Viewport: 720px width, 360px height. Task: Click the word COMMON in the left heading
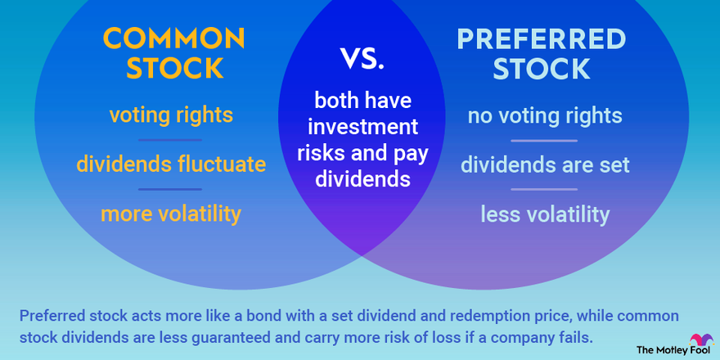tap(173, 38)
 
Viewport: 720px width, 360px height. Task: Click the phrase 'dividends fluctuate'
tap(171, 164)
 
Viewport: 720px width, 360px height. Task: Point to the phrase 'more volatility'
tap(171, 214)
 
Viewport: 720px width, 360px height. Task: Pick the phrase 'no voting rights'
tap(545, 115)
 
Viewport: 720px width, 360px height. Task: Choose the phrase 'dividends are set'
tap(545, 164)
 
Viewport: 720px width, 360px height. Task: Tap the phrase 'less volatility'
tap(545, 214)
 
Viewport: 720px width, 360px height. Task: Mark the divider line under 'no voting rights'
tap(545, 140)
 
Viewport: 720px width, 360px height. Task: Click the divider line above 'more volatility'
tap(171, 189)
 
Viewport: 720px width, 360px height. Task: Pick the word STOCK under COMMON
tap(173, 69)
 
